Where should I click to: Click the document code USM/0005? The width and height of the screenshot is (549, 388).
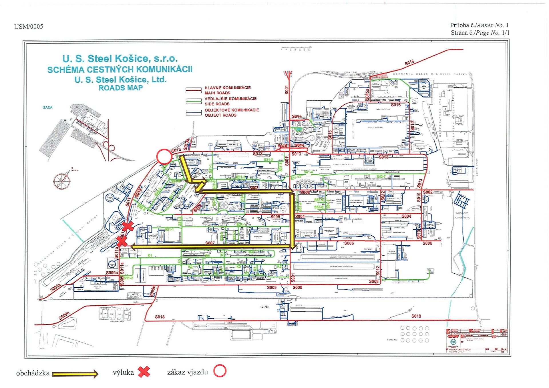(29, 27)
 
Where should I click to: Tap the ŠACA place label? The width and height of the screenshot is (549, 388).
(48, 107)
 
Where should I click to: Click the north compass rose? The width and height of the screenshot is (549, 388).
(62, 180)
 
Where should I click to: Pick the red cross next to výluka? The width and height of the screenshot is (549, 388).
(144, 372)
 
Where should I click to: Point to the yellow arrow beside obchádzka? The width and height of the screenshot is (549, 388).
(75, 373)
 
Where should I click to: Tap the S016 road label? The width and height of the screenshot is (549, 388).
(409, 63)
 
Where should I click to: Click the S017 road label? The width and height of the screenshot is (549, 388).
(297, 116)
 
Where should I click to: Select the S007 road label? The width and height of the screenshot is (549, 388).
(210, 243)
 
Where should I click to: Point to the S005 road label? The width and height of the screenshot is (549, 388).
(275, 217)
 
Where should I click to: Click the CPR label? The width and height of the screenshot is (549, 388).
(264, 307)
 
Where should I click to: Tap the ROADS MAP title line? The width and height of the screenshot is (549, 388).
(121, 88)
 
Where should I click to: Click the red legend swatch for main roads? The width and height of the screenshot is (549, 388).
(194, 90)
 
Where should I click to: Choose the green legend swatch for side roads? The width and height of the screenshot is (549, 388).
(194, 101)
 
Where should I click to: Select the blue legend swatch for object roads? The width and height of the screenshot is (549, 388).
(194, 112)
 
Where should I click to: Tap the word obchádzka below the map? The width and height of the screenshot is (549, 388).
(33, 373)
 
